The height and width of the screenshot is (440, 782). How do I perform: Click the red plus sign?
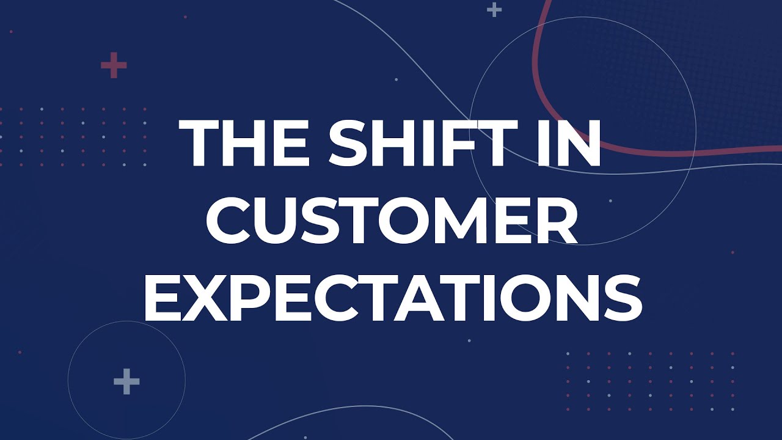pyautogui.click(x=114, y=65)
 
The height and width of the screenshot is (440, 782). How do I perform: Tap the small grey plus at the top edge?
pyautogui.click(x=494, y=9)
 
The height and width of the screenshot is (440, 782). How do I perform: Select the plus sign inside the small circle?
pyautogui.click(x=126, y=382)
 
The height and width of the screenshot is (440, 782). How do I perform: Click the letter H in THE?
pyautogui.click(x=247, y=144)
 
